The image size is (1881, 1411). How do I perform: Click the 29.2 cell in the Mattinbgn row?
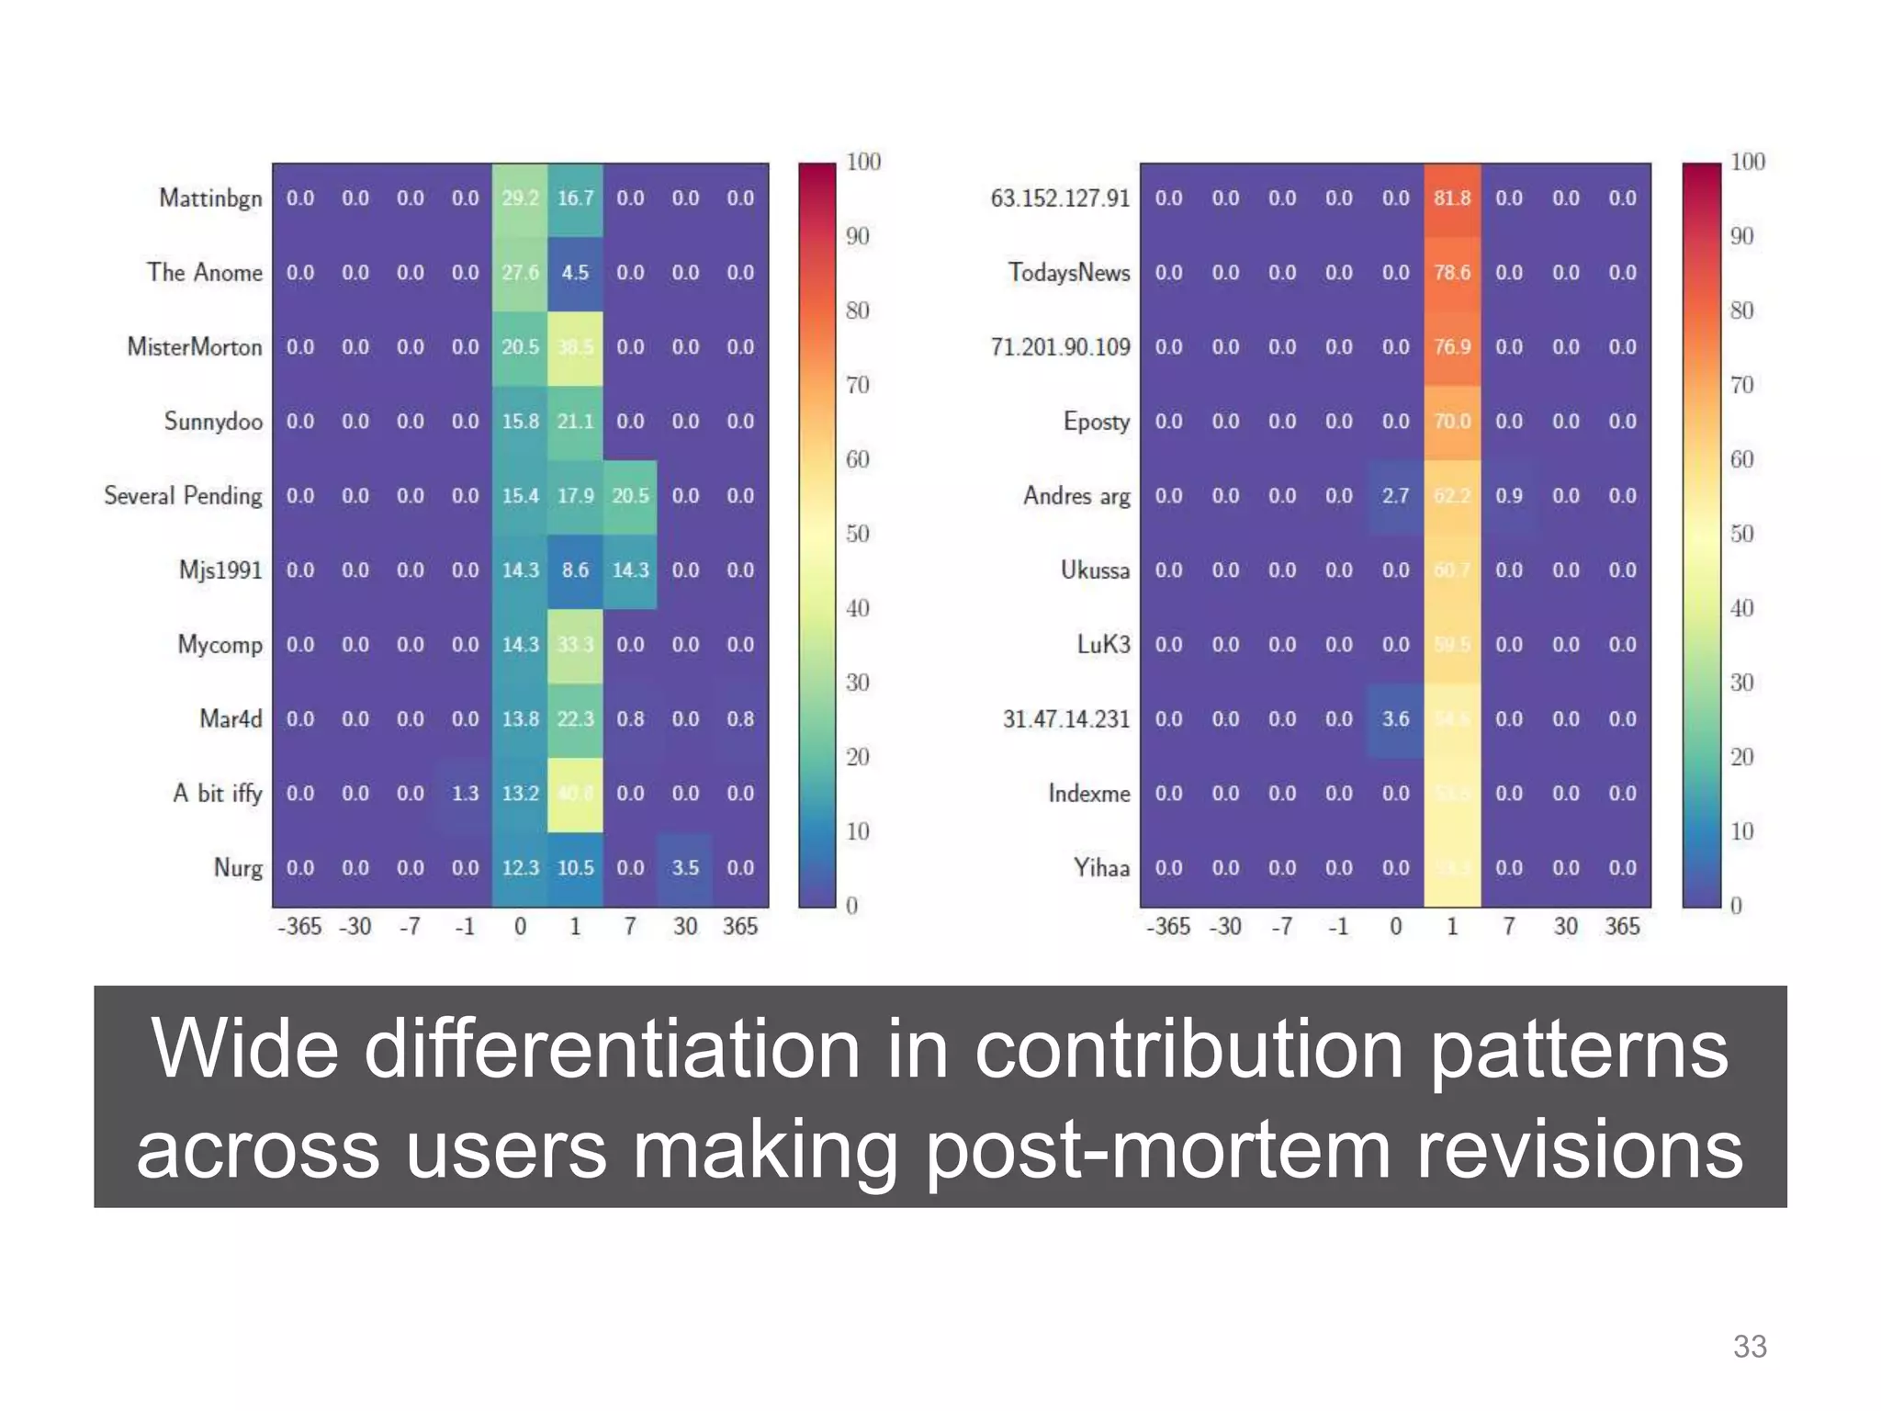[x=520, y=198]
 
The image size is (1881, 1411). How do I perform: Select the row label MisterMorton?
[x=195, y=347]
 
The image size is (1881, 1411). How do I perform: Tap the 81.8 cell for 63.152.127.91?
[x=1452, y=198]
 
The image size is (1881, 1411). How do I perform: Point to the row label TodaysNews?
[x=1069, y=273]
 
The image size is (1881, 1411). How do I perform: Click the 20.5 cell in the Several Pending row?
[x=630, y=496]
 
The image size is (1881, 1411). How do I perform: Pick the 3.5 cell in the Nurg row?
[x=685, y=868]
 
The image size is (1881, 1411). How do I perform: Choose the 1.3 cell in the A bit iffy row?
[x=465, y=794]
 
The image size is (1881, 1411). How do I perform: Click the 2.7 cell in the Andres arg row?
[x=1395, y=496]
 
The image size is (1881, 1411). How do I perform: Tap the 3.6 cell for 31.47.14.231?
[x=1395, y=719]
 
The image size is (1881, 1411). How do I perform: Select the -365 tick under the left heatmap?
[x=299, y=927]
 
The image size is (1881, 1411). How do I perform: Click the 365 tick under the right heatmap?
[x=1622, y=927]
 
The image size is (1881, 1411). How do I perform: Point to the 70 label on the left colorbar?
[x=857, y=385]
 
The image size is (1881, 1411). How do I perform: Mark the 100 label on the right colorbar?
[x=1748, y=163]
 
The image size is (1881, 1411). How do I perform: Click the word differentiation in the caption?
[x=612, y=1050]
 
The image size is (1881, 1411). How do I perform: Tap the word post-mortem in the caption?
[x=1158, y=1151]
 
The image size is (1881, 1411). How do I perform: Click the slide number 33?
[x=1750, y=1347]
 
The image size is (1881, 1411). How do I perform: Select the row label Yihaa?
[x=1101, y=868]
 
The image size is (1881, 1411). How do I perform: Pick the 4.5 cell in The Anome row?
[x=575, y=273]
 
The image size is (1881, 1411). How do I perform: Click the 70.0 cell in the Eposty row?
[x=1452, y=422]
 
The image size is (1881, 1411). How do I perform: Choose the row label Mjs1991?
[x=220, y=570]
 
